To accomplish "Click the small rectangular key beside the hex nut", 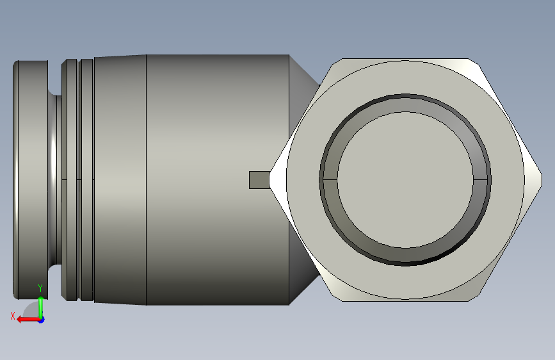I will coord(259,180).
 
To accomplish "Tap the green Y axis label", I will coord(40,288).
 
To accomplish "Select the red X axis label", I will coord(12,316).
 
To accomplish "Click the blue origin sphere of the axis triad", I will coord(41,319).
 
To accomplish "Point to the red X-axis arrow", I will coord(26,318).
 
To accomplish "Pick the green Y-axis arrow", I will coord(41,304).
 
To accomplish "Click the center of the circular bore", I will coord(406,181).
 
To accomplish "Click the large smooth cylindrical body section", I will coord(218,180).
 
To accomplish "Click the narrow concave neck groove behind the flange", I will coord(55,180).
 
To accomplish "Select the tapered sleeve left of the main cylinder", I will coord(120,180).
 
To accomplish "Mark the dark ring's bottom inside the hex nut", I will coord(406,260).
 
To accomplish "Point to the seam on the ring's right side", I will coord(483,181).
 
